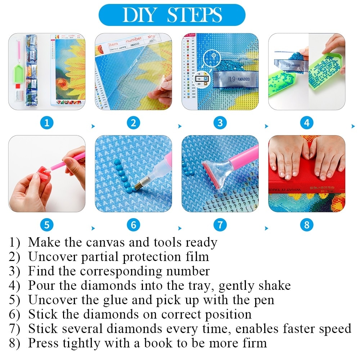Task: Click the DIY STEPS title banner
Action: coord(172,15)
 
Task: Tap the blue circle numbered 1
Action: coord(47,123)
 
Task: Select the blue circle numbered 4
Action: coord(306,123)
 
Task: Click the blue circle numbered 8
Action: coord(306,225)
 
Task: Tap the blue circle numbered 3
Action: coord(220,123)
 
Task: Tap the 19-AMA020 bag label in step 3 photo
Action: coord(235,79)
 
